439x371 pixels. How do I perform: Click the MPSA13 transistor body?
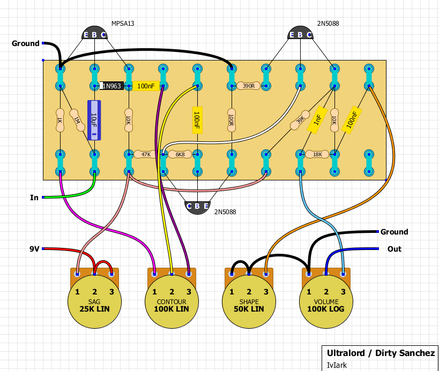(95, 33)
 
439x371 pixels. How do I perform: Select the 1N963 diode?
(111, 86)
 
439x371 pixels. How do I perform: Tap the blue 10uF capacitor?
(94, 120)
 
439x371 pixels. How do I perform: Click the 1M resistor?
(77, 120)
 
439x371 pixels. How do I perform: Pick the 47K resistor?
(146, 154)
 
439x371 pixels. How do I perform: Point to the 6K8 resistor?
(180, 154)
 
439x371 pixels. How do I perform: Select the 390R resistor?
(249, 86)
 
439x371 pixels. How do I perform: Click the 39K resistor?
(300, 120)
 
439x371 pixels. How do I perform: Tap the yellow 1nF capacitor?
(317, 120)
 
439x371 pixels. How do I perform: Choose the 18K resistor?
(317, 154)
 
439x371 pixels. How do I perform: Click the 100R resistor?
(232, 120)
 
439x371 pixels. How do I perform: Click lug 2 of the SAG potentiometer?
(95, 274)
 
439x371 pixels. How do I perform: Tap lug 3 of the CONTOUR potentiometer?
(189, 274)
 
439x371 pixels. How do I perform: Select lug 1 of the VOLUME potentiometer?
(309, 274)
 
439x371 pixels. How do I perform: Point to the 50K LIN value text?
(249, 309)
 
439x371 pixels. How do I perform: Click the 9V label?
(34, 249)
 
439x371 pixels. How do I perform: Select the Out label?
(394, 249)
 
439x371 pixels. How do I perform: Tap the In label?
(34, 198)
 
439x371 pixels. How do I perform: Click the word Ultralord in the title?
(346, 353)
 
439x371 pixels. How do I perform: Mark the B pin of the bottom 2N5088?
(197, 206)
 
